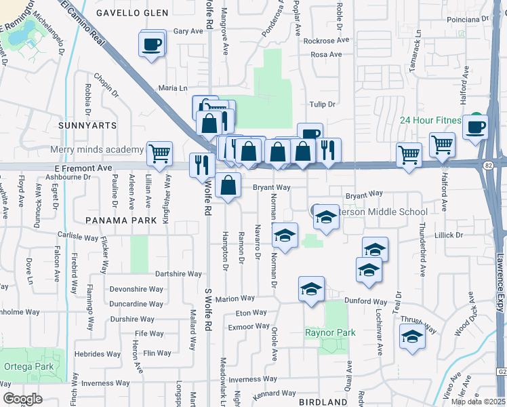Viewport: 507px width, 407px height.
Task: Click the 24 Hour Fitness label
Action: pyautogui.click(x=440, y=121)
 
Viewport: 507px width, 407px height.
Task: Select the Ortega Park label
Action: pyautogui.click(x=28, y=367)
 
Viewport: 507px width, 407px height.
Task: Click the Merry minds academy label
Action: pyautogui.click(x=95, y=149)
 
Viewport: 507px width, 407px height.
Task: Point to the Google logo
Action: pyautogui.click(x=22, y=399)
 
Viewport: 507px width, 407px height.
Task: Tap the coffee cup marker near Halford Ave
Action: pyautogui.click(x=475, y=126)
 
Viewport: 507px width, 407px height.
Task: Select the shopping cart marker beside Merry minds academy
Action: pyautogui.click(x=159, y=153)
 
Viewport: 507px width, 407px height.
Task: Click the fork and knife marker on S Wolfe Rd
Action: pyautogui.click(x=201, y=165)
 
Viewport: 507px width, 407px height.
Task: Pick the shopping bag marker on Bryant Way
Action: pyautogui.click(x=230, y=185)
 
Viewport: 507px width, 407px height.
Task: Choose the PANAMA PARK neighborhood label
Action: pyautogui.click(x=112, y=220)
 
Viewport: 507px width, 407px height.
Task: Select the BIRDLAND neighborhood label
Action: pyautogui.click(x=323, y=402)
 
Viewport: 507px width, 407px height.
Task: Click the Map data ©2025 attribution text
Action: pyautogui.click(x=478, y=402)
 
